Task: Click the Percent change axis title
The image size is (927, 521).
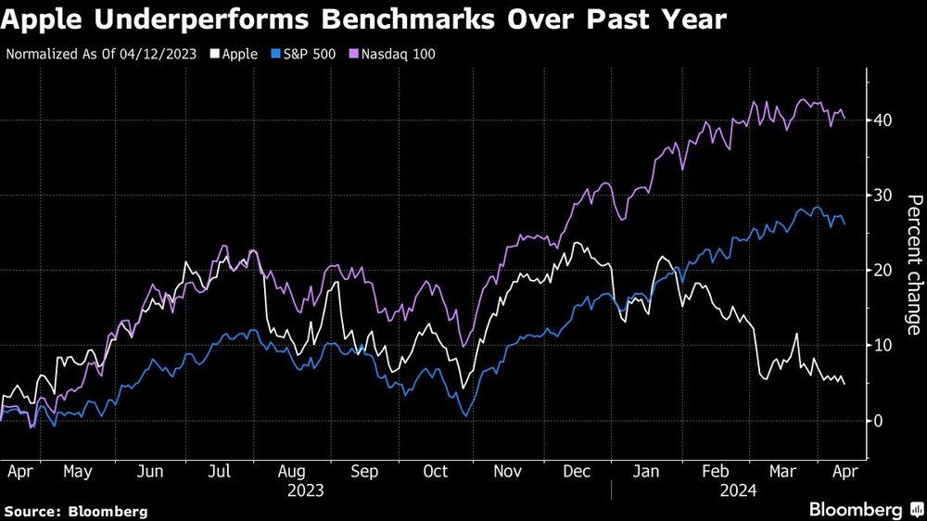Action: pos(913,265)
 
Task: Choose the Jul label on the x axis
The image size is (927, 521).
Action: pos(220,471)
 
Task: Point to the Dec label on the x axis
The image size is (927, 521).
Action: pos(577,471)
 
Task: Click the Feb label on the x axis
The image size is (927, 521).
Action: pos(714,471)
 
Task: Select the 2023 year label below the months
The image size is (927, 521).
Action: pos(305,489)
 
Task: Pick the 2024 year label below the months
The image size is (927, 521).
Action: pos(737,489)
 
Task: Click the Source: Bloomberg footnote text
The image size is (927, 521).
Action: pos(76,511)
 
